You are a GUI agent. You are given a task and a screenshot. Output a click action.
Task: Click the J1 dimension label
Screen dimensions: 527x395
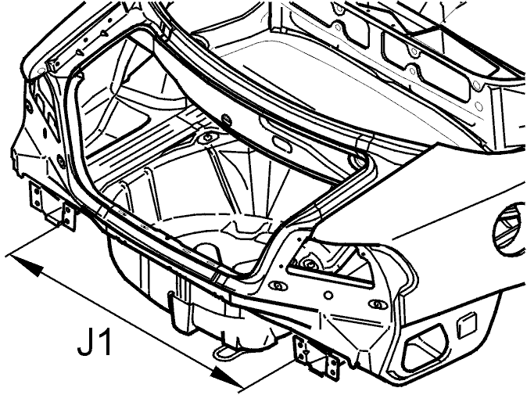click(x=95, y=342)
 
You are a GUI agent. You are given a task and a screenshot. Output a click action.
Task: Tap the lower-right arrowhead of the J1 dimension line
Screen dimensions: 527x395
click(x=227, y=376)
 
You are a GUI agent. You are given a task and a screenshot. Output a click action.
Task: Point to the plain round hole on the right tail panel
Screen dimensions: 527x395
click(x=328, y=296)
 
